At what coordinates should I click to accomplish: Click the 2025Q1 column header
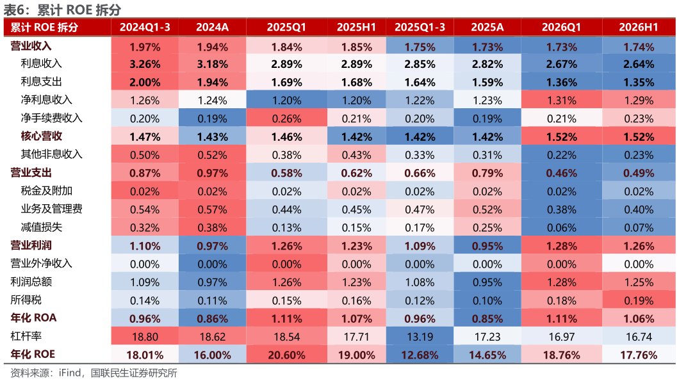(x=286, y=28)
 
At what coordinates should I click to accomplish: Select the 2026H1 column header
(x=638, y=28)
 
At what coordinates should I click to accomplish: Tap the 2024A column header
(x=212, y=28)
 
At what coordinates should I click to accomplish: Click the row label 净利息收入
(x=46, y=100)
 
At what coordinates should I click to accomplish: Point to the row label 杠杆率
(x=26, y=336)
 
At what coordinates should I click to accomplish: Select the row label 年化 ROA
(x=33, y=318)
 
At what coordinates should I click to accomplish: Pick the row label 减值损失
(x=41, y=227)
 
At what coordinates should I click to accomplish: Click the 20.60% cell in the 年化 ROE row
(x=287, y=355)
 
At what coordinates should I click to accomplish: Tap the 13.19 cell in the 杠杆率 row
(x=420, y=337)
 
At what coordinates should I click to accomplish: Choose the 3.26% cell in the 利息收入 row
(x=145, y=65)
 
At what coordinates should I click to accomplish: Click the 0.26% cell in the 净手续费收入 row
(x=287, y=118)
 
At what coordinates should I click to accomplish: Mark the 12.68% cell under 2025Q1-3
(x=420, y=355)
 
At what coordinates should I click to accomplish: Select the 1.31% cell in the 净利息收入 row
(x=561, y=101)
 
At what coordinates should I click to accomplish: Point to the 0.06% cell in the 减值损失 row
(x=561, y=228)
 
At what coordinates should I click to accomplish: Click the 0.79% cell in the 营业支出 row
(x=487, y=173)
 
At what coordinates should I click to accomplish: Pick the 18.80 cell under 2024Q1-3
(x=145, y=337)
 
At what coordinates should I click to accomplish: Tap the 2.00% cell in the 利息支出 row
(x=145, y=82)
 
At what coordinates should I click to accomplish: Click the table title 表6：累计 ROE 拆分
(x=62, y=10)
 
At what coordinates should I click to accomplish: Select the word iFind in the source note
(x=70, y=373)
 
